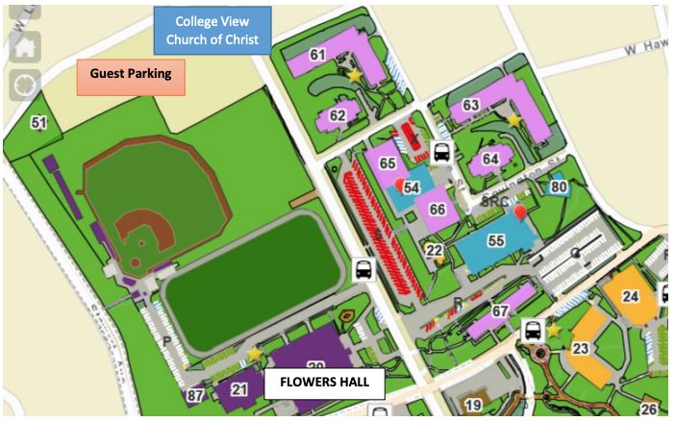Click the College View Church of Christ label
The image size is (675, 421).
pyautogui.click(x=212, y=31)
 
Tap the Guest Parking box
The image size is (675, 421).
pyautogui.click(x=131, y=74)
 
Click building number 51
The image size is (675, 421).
pyautogui.click(x=38, y=123)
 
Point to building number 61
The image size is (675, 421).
pyautogui.click(x=318, y=55)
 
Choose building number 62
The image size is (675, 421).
pyautogui.click(x=337, y=116)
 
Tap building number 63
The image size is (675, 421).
pyautogui.click(x=471, y=106)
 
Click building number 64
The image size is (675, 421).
pyautogui.click(x=491, y=159)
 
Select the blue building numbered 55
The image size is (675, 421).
pyautogui.click(x=496, y=241)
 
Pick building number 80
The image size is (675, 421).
pyautogui.click(x=559, y=186)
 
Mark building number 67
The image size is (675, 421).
pyautogui.click(x=499, y=311)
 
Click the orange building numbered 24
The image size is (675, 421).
pyautogui.click(x=631, y=296)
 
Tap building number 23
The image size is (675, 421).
pyautogui.click(x=580, y=349)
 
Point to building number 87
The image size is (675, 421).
pyautogui.click(x=195, y=395)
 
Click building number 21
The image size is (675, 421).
pyautogui.click(x=239, y=388)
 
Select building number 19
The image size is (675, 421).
pyautogui.click(x=473, y=405)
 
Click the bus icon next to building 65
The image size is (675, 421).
pyautogui.click(x=441, y=152)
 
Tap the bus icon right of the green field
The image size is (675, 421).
pyautogui.click(x=364, y=270)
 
